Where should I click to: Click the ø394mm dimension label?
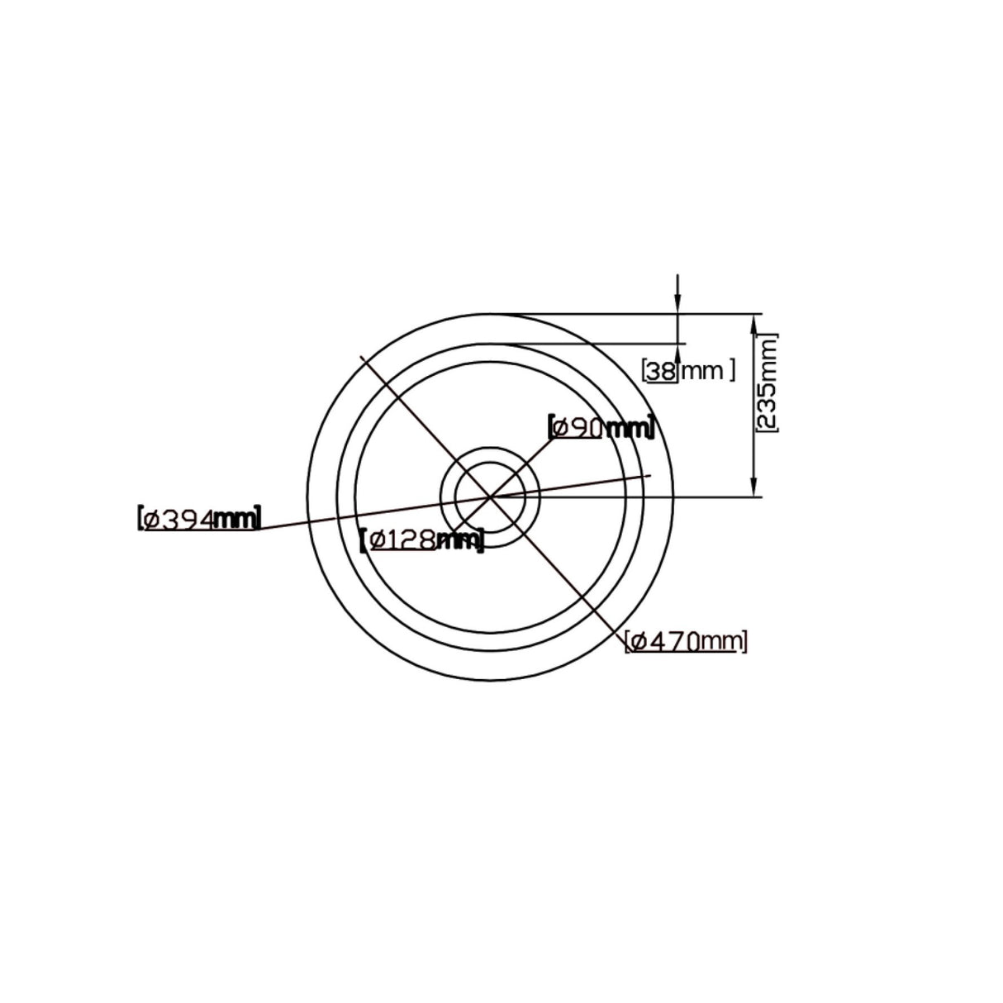click(x=199, y=518)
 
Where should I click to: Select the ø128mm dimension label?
click(x=422, y=540)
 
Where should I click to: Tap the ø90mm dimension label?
click(x=601, y=427)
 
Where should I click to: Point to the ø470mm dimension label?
click(x=687, y=640)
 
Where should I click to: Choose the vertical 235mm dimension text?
click(x=767, y=383)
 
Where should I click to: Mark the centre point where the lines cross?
click(x=491, y=497)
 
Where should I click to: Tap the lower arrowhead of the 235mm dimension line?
click(x=753, y=488)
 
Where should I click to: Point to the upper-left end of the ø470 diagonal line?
click(x=361, y=356)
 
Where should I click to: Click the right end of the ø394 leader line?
click(x=651, y=475)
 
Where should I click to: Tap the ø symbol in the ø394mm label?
click(x=151, y=519)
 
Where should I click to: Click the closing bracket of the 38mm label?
click(x=731, y=371)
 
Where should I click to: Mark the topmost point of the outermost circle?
click(x=491, y=313)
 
